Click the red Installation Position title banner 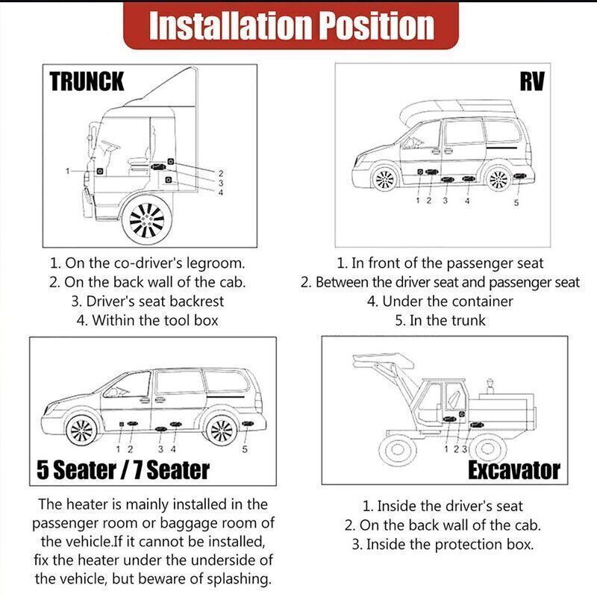point(291,26)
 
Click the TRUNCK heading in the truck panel point(87,81)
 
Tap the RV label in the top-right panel point(532,81)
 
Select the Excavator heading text point(514,470)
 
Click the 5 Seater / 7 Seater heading point(123,470)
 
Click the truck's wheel point(147,220)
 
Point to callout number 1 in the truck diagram point(68,171)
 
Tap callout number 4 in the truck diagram point(221,193)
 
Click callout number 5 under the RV point(516,203)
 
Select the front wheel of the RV point(384,178)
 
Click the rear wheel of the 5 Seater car point(221,431)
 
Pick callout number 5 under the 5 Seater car point(245,450)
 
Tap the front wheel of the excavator point(397,450)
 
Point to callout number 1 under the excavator point(446,449)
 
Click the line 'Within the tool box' point(147,320)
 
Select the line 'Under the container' point(440,301)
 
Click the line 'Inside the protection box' point(443,545)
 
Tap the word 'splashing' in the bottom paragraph point(239,579)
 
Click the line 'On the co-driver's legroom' point(147,263)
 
